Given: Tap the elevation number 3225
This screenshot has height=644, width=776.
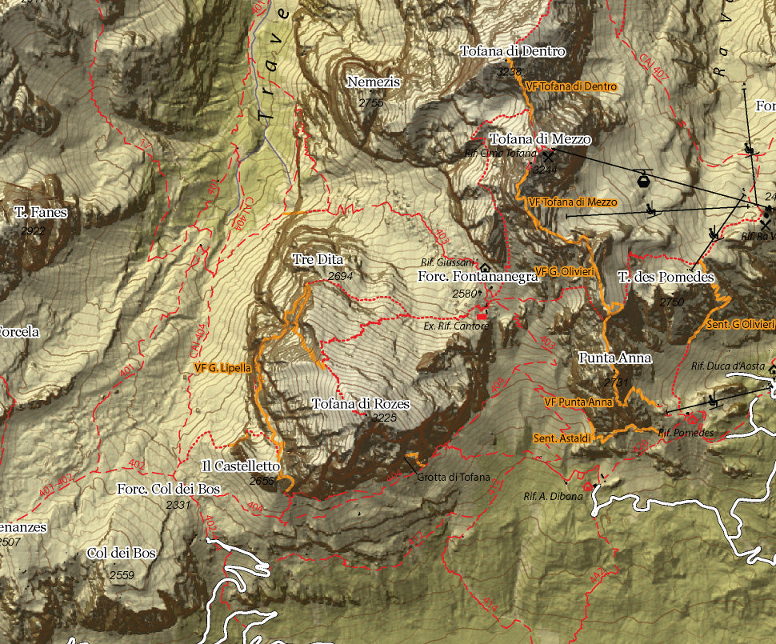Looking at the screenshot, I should pyautogui.click(x=384, y=418).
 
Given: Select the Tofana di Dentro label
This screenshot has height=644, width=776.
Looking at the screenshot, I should pyautogui.click(x=513, y=52).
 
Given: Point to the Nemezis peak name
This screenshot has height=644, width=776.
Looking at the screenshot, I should pyautogui.click(x=373, y=82).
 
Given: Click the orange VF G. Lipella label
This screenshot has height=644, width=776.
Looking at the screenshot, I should pyautogui.click(x=223, y=368).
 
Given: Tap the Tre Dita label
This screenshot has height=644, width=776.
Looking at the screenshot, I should pyautogui.click(x=318, y=260).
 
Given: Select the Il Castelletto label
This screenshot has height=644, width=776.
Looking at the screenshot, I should pyautogui.click(x=241, y=466).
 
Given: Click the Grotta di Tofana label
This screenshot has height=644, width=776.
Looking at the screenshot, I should pyautogui.click(x=453, y=478).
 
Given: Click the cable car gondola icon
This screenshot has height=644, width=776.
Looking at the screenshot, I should pyautogui.click(x=642, y=179).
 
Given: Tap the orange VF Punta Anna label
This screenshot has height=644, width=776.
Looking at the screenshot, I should pyautogui.click(x=578, y=402).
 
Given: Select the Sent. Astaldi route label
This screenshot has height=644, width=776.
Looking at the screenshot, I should pyautogui.click(x=562, y=438).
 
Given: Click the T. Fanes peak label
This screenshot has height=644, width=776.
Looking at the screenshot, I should pyautogui.click(x=41, y=213).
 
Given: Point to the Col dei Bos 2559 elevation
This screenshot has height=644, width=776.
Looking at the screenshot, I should pyautogui.click(x=122, y=574).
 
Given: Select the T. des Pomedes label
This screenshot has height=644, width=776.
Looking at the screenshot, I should pyautogui.click(x=666, y=278).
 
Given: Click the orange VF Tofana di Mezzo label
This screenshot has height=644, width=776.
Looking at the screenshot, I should pyautogui.click(x=573, y=202).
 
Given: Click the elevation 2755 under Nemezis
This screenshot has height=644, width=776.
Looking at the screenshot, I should pyautogui.click(x=371, y=103).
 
